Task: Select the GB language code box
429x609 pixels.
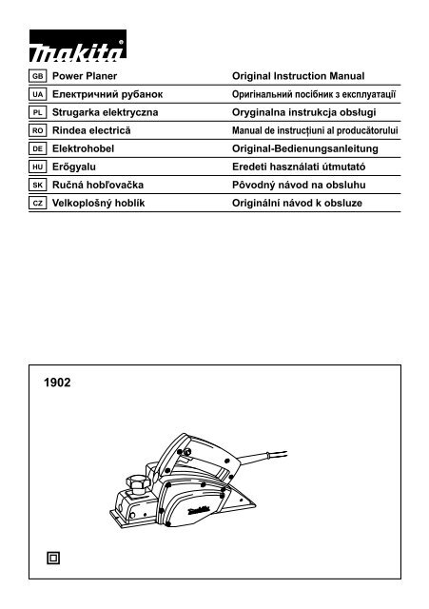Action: click(x=39, y=75)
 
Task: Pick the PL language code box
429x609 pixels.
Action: click(x=39, y=113)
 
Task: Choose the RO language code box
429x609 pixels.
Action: click(x=39, y=131)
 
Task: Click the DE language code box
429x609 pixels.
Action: click(x=39, y=149)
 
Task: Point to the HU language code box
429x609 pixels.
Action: click(x=39, y=167)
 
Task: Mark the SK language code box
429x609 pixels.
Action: click(x=39, y=186)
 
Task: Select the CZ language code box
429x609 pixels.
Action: click(x=39, y=204)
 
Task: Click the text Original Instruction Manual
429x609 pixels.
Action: click(x=299, y=75)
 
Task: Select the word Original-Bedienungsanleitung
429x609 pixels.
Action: click(x=305, y=149)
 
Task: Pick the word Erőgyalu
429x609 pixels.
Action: click(x=75, y=167)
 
